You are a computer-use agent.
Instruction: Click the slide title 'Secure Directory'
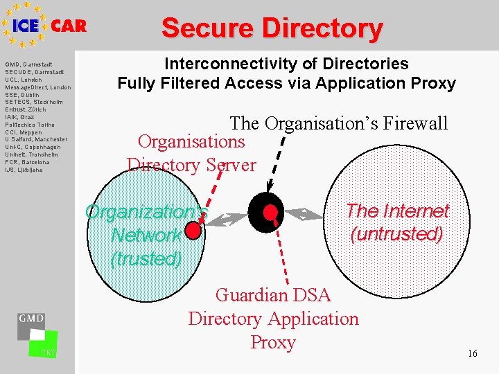(x=272, y=28)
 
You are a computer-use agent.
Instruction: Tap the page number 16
(x=472, y=354)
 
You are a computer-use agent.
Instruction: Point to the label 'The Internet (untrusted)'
(x=397, y=222)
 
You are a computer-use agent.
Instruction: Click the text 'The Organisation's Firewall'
(x=339, y=124)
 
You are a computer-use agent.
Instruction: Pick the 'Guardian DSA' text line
(x=273, y=295)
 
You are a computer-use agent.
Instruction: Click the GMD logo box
(x=32, y=325)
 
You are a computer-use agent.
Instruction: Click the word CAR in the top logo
(x=69, y=26)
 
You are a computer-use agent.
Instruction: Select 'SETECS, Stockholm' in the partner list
(x=34, y=103)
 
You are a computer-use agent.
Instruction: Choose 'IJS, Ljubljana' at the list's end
(x=24, y=169)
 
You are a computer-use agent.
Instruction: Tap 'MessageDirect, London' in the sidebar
(x=38, y=87)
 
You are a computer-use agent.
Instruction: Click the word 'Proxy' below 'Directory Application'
(x=273, y=342)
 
